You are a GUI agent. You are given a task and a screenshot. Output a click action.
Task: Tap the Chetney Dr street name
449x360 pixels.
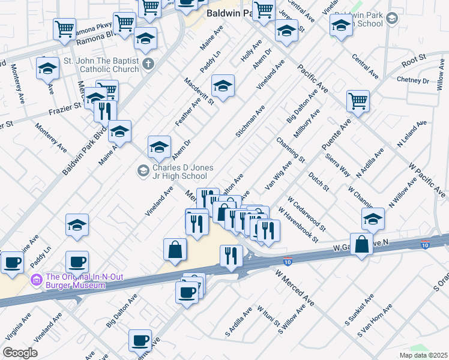coord(414,80)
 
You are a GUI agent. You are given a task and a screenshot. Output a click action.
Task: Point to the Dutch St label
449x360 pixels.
coord(319,181)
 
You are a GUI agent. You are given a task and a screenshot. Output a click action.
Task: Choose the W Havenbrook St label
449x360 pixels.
coord(298,225)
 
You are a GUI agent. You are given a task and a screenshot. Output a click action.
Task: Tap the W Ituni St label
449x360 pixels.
coord(268,319)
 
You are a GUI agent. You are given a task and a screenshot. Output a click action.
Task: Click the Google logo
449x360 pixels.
coord(20,352)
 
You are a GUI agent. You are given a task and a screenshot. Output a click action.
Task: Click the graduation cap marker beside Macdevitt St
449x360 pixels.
coord(223,86)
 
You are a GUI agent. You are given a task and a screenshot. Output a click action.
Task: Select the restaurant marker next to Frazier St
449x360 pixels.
coord(106,110)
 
